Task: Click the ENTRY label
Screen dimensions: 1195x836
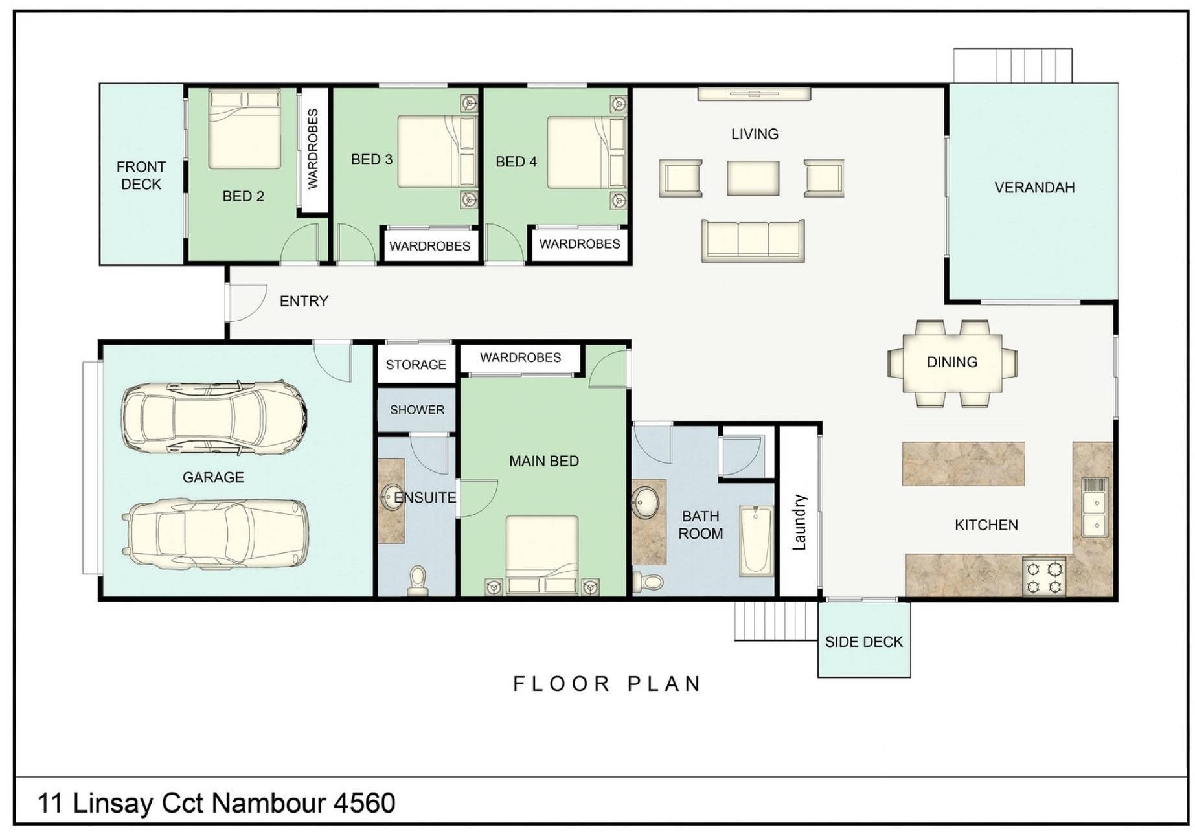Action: (x=304, y=301)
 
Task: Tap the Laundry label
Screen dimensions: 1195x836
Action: (x=800, y=523)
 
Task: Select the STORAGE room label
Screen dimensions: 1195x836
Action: (x=416, y=365)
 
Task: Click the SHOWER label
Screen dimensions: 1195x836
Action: (x=417, y=410)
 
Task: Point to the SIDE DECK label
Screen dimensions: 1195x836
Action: (x=864, y=642)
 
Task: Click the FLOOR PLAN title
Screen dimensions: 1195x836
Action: (x=607, y=684)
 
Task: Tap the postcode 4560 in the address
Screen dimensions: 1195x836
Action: (x=364, y=803)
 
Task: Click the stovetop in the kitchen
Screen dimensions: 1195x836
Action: (x=1044, y=576)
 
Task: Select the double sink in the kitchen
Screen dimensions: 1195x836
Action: (x=1095, y=507)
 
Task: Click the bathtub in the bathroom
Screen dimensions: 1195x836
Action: (x=757, y=541)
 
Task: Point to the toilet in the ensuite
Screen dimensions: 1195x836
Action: (x=418, y=581)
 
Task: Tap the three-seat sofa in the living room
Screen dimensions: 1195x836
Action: (x=753, y=240)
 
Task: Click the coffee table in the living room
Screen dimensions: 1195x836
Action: (x=753, y=177)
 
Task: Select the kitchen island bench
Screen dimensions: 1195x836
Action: (x=964, y=464)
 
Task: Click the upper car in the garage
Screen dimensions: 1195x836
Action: (x=214, y=418)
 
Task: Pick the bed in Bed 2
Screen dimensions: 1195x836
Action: (x=245, y=129)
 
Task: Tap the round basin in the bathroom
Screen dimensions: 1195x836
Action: (x=645, y=503)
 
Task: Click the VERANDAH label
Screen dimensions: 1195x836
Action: (x=1034, y=188)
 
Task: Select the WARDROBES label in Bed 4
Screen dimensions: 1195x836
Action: (x=580, y=244)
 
